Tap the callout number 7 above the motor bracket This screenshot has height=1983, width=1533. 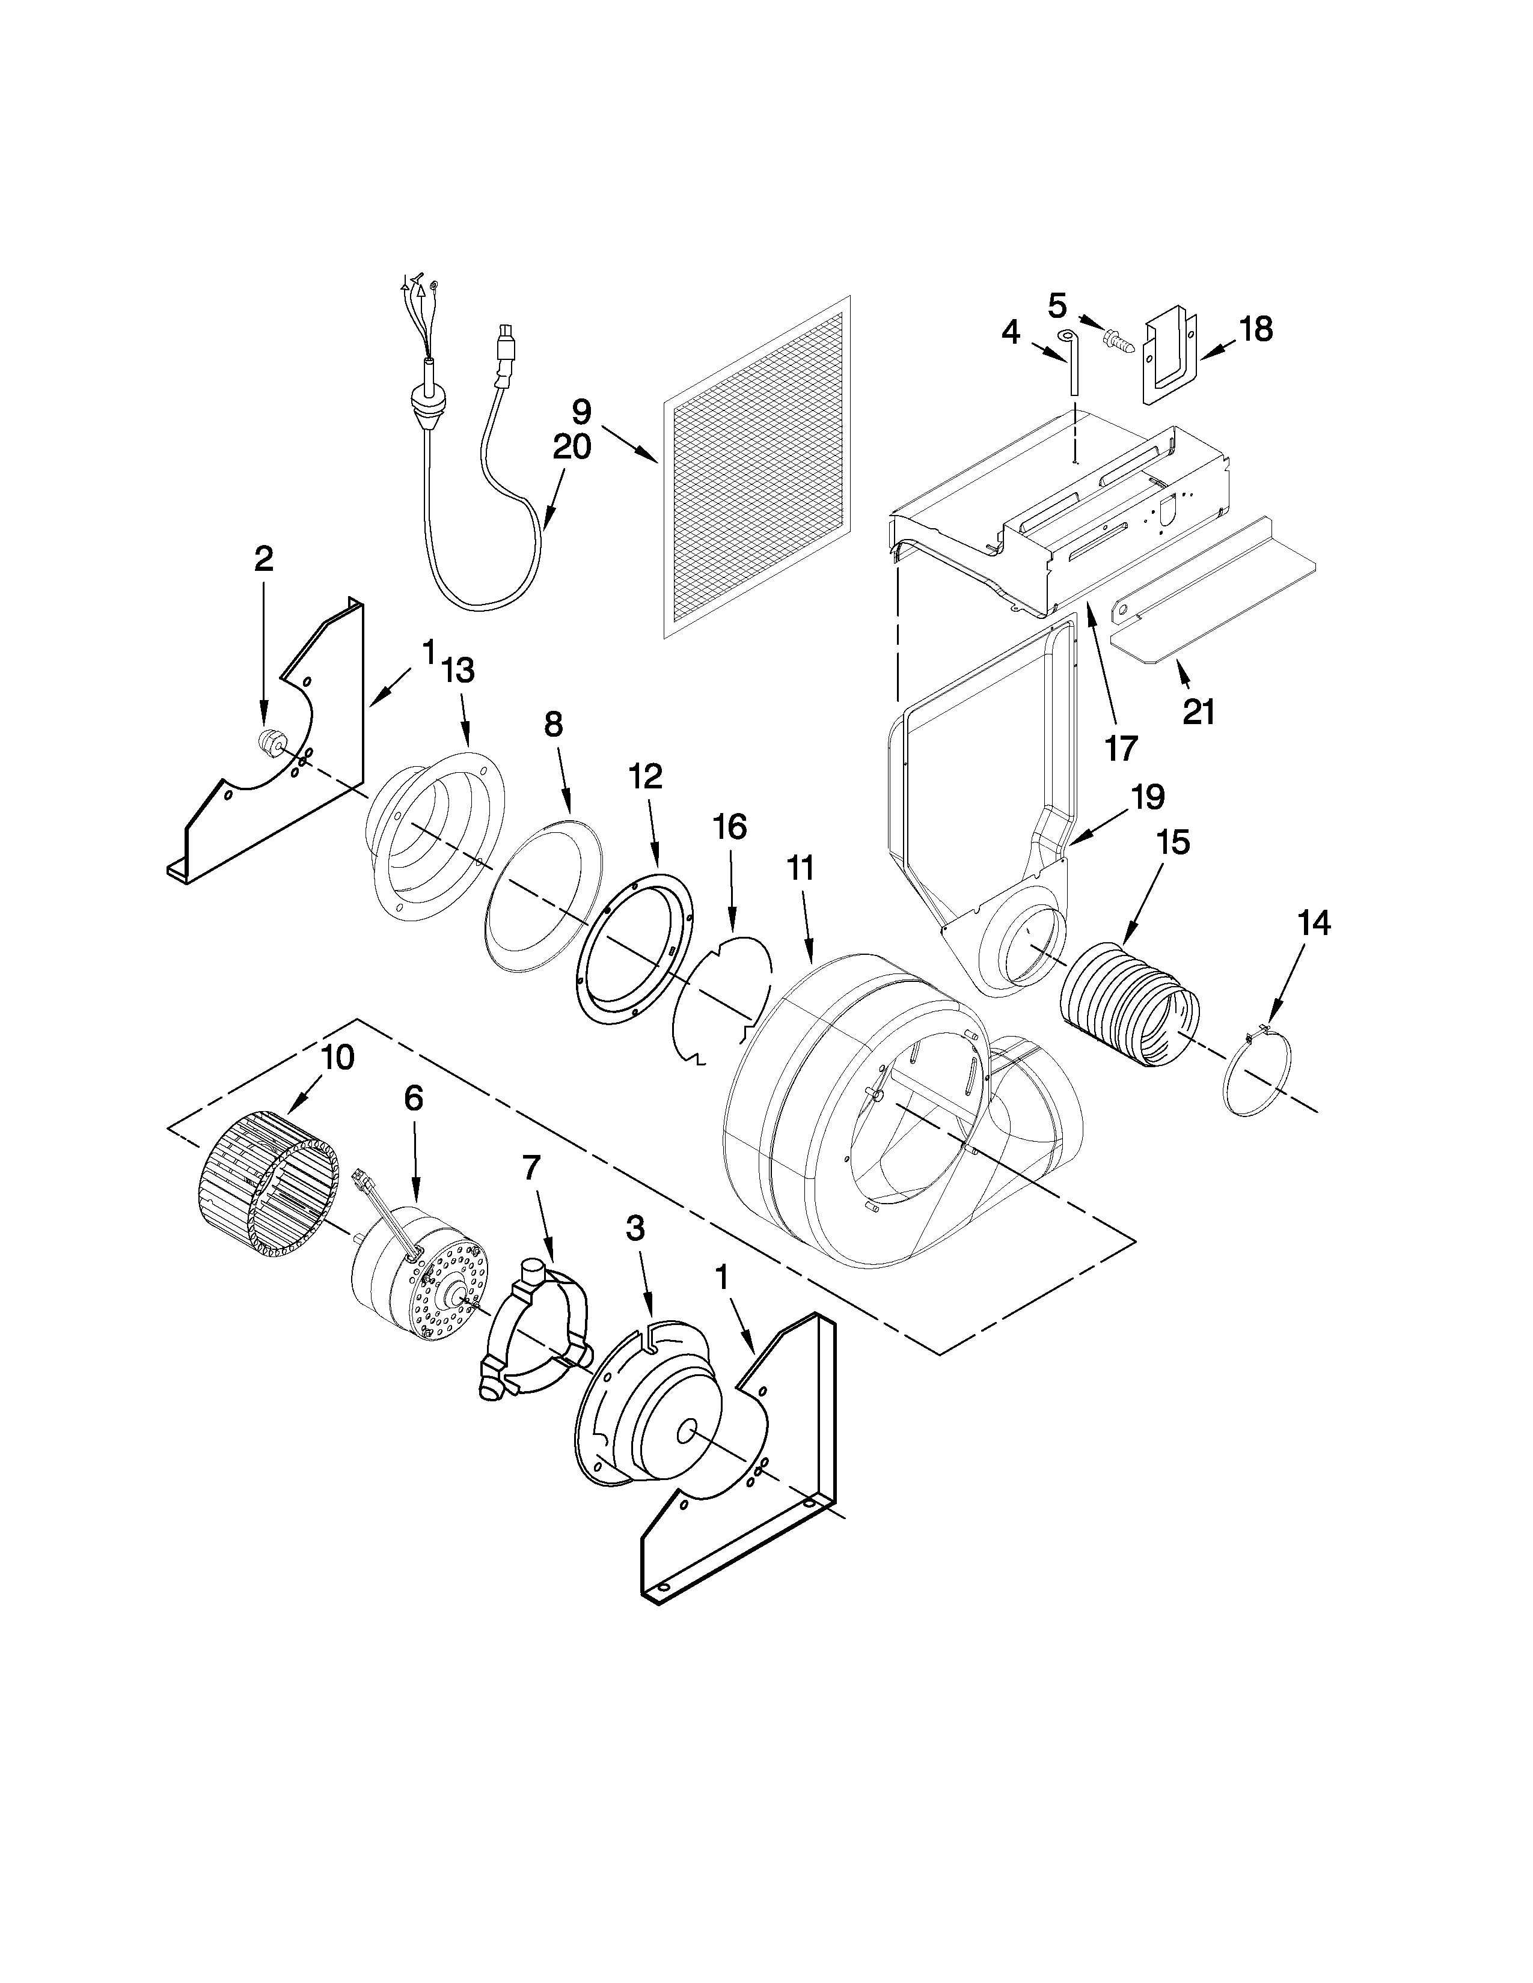(531, 1169)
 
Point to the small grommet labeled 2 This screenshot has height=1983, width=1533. (269, 741)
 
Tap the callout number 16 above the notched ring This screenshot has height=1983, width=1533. (729, 827)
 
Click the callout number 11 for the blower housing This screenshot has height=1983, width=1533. (800, 868)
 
